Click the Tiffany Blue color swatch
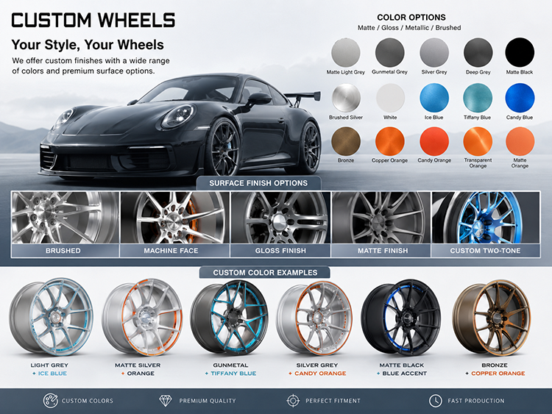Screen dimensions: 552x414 pyautogui.click(x=478, y=98)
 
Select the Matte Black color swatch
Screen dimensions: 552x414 pyautogui.click(x=520, y=52)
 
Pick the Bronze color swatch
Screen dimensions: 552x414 pyautogui.click(x=346, y=141)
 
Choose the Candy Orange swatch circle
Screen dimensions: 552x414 pyautogui.click(x=434, y=141)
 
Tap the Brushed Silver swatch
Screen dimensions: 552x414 pyautogui.click(x=346, y=98)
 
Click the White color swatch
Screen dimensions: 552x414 pyautogui.click(x=390, y=98)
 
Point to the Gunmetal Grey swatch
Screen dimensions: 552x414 pyautogui.click(x=389, y=52)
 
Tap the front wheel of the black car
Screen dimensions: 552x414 pyautogui.click(x=223, y=147)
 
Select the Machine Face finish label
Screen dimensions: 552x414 pyautogui.click(x=171, y=251)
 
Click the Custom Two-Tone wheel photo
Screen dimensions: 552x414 pyautogui.click(x=486, y=218)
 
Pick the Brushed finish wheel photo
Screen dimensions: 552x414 pyautogui.click(x=66, y=218)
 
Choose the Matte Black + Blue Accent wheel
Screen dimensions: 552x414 pyautogui.click(x=401, y=318)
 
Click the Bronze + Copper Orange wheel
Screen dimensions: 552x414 pyautogui.click(x=491, y=318)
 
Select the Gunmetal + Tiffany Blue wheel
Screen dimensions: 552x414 pyautogui.click(x=229, y=317)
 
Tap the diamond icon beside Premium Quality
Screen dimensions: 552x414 pyautogui.click(x=165, y=400)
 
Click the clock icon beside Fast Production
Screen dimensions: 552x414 pyautogui.click(x=436, y=400)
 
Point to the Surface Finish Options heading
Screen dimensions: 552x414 pyautogui.click(x=258, y=183)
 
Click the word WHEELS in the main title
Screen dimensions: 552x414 pyautogui.click(x=136, y=20)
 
